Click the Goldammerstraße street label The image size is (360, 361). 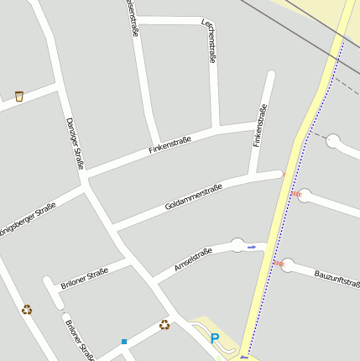(194, 196)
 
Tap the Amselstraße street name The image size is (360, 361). (192, 260)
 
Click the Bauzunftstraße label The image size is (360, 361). (337, 278)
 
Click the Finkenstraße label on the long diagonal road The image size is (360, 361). (170, 144)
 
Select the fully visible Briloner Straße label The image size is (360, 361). (84, 278)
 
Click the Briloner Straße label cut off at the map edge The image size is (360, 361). (79, 337)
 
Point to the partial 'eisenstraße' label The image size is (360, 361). (132, 17)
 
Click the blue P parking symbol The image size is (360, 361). (215, 338)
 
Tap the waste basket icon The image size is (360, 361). (18, 97)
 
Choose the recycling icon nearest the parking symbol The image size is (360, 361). (164, 325)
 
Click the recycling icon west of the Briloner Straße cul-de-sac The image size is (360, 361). (27, 309)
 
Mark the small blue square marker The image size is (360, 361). (124, 341)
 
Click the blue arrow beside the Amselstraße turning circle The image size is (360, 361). (251, 248)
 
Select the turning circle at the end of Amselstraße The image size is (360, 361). (237, 245)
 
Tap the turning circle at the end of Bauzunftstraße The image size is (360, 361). (288, 265)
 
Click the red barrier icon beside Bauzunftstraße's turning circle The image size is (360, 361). (279, 263)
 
